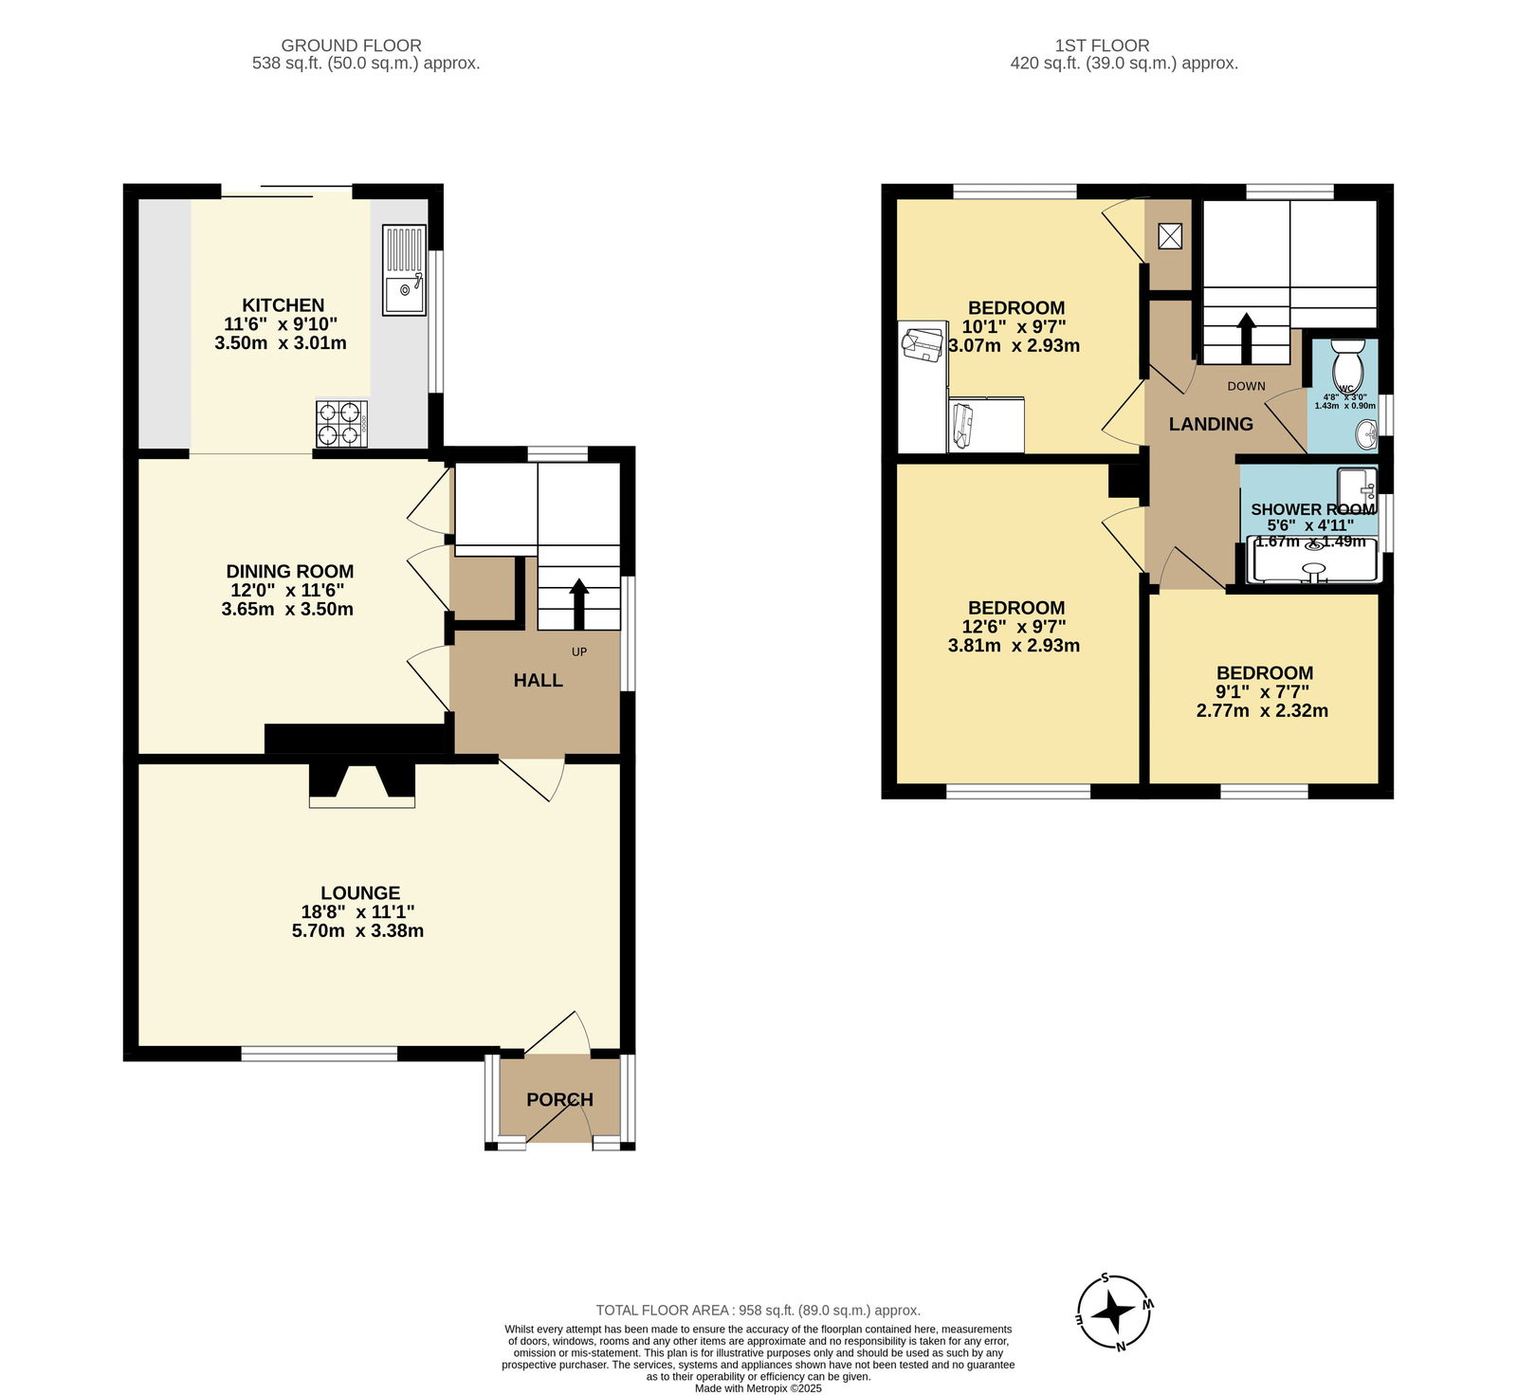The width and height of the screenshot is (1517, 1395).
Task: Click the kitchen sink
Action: click(x=405, y=269)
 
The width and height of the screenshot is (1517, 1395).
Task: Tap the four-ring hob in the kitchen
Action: click(x=341, y=424)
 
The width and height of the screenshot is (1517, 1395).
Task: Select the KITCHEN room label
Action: click(x=283, y=305)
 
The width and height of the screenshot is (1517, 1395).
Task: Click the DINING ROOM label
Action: click(x=290, y=571)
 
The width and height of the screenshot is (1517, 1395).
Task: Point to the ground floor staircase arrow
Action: click(x=577, y=605)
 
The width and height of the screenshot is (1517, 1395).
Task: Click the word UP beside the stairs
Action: click(x=579, y=652)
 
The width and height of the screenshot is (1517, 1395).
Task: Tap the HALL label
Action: click(x=538, y=680)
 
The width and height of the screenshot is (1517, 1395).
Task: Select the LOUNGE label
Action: click(x=360, y=892)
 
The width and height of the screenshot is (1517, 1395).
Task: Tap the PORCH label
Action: click(x=559, y=1099)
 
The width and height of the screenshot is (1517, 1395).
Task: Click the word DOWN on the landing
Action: click(x=1247, y=386)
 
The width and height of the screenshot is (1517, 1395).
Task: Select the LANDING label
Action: click(x=1211, y=424)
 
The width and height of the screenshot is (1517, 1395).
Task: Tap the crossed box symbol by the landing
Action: click(x=1169, y=237)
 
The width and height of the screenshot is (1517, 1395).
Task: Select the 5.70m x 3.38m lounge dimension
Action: click(x=357, y=930)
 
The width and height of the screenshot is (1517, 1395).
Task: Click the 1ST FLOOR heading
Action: click(x=1102, y=45)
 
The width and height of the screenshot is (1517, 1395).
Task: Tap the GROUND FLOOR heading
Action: click(x=352, y=45)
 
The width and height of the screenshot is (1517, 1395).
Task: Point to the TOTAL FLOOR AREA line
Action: click(x=758, y=1311)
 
